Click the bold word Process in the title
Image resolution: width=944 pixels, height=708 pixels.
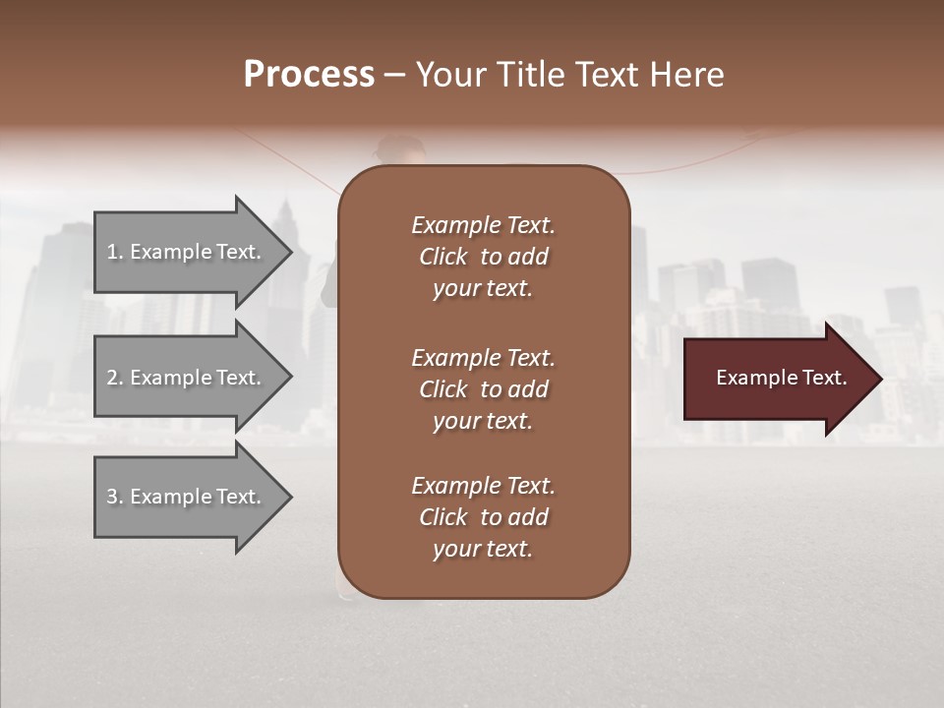pyautogui.click(x=309, y=75)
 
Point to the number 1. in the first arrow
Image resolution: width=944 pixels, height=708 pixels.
pyautogui.click(x=114, y=252)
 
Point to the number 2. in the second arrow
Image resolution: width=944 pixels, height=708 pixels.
pyautogui.click(x=114, y=378)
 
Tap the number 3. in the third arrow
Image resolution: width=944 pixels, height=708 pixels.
pyautogui.click(x=114, y=497)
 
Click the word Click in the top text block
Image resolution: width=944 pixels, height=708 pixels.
pyautogui.click(x=443, y=257)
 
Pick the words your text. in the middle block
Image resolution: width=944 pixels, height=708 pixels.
pyautogui.click(x=483, y=421)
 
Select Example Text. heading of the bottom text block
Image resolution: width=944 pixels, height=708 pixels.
pyautogui.click(x=483, y=486)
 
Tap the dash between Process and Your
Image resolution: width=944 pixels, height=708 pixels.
pyautogui.click(x=395, y=75)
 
